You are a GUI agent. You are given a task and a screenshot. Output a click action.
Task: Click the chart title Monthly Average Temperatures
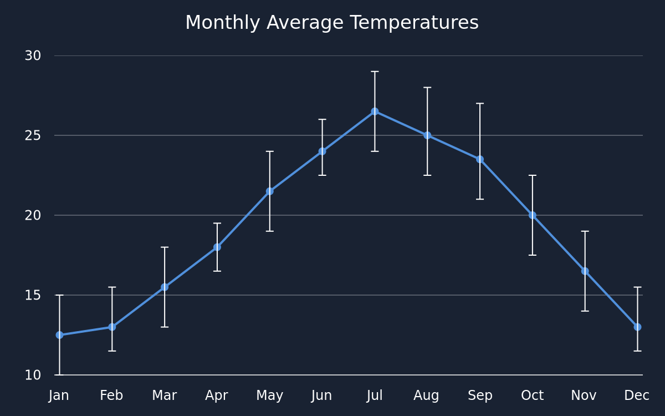pos(332,23)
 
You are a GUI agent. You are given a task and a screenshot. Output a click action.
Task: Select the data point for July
pos(375,111)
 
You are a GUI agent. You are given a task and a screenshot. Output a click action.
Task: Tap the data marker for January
pos(59,335)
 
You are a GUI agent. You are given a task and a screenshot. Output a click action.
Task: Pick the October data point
pos(533,215)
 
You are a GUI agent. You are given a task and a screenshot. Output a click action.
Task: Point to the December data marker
pos(637,327)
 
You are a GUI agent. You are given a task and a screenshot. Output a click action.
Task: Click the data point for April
pos(217,247)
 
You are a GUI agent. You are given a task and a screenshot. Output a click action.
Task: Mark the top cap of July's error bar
pos(375,72)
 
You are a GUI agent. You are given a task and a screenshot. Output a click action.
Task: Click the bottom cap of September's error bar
pos(480,199)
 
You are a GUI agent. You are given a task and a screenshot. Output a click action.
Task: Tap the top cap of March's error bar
pos(165,247)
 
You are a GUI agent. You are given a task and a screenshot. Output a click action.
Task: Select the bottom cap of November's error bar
pos(585,311)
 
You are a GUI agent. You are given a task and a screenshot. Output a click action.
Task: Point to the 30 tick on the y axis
pos(33,55)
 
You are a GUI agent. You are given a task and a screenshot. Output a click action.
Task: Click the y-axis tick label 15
pos(33,295)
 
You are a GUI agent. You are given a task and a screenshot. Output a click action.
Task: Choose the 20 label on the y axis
pos(33,215)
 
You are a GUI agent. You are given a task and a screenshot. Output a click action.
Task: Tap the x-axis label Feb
pos(111,395)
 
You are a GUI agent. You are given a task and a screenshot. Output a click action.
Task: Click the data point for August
pos(427,135)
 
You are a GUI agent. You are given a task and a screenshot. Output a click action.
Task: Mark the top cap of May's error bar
pos(269,151)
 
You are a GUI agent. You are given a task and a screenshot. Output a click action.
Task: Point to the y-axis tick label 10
pos(33,375)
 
